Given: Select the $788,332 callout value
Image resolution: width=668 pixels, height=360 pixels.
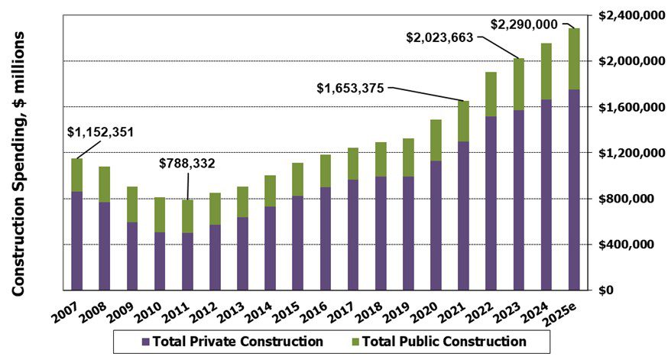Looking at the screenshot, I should (x=188, y=163).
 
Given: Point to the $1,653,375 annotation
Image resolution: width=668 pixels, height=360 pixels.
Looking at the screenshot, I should (x=351, y=89).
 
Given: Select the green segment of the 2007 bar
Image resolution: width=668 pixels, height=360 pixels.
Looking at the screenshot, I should (x=77, y=175).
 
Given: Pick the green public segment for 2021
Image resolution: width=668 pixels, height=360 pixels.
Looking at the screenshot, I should (x=463, y=121).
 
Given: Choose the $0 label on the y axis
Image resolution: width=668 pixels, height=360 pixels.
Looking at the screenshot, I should (x=606, y=290).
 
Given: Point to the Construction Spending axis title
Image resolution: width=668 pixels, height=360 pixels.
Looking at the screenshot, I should (x=20, y=164).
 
